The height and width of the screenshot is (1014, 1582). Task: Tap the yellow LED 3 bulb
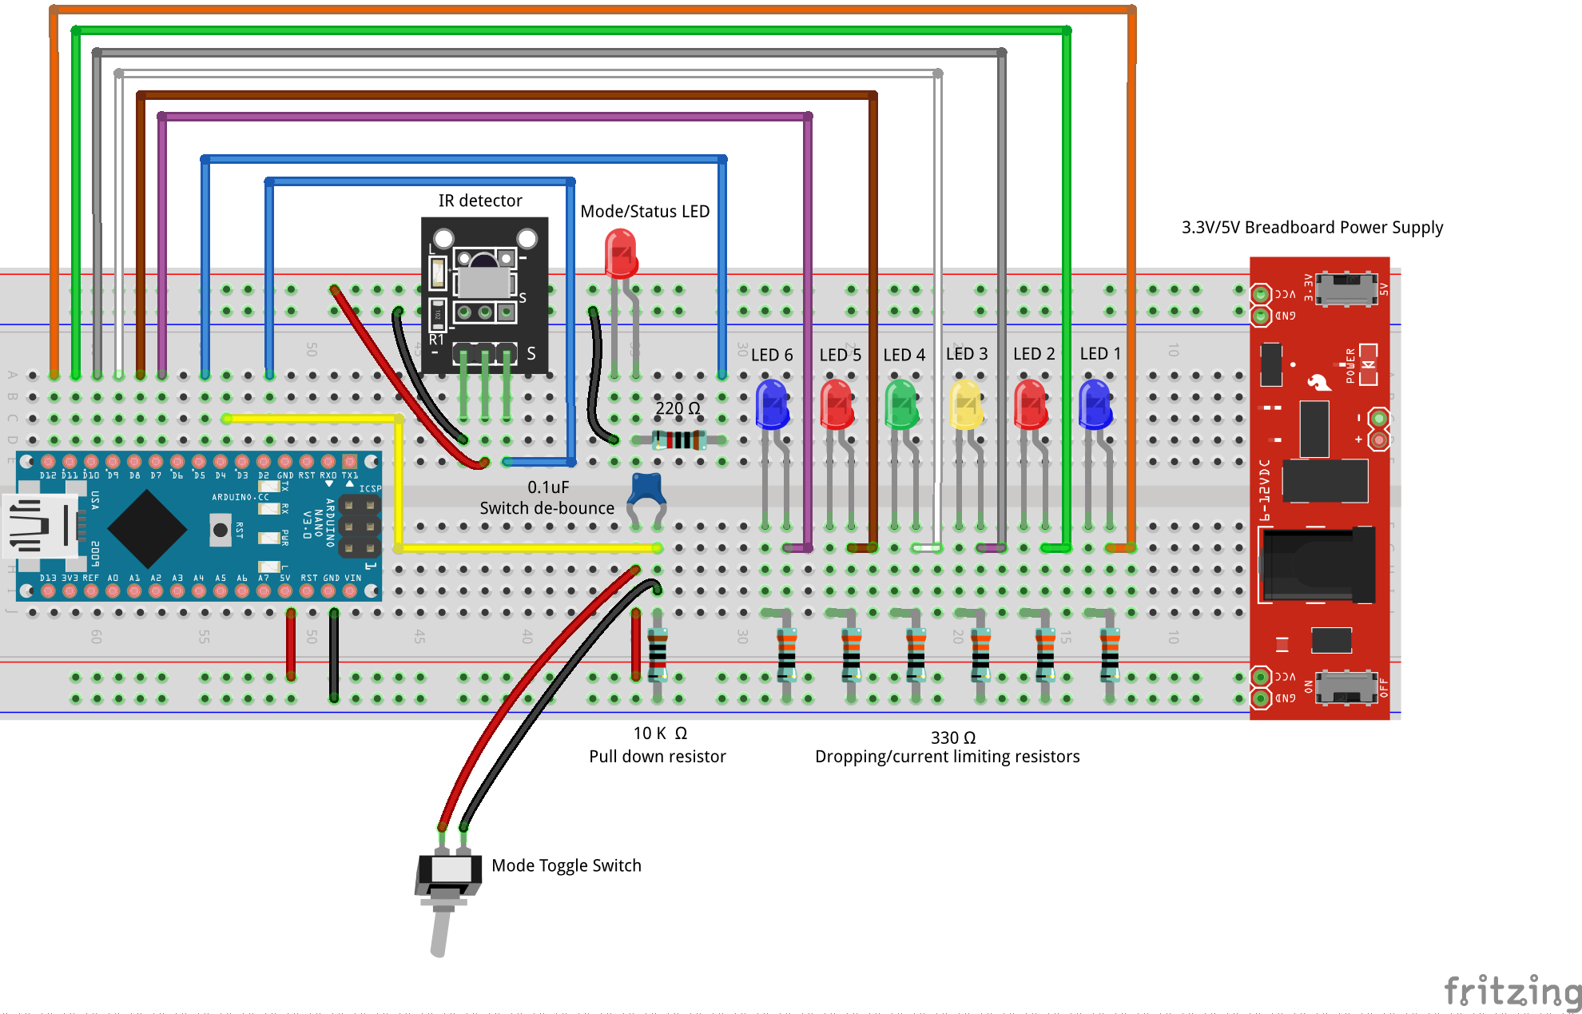pyautogui.click(x=965, y=404)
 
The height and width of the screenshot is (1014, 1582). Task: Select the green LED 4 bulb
pyautogui.click(x=901, y=404)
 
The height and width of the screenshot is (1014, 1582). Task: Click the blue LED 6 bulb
pyautogui.click(x=772, y=404)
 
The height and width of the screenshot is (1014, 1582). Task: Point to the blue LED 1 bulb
pyautogui.click(x=1095, y=404)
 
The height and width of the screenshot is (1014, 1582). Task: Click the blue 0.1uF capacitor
pyautogui.click(x=646, y=488)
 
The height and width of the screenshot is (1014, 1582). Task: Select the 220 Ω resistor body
pyautogui.click(x=679, y=439)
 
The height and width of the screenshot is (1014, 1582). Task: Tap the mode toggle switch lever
pyautogui.click(x=440, y=931)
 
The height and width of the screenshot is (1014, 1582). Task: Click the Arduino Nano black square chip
pyautogui.click(x=147, y=528)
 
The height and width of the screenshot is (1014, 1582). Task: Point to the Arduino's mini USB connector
pyautogui.click(x=40, y=527)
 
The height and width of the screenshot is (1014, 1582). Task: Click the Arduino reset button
pyautogui.click(x=220, y=530)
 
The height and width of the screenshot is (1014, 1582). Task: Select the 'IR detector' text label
pyautogui.click(x=480, y=201)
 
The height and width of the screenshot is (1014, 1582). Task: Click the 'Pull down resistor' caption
pyautogui.click(x=657, y=756)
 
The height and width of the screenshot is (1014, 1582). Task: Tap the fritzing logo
pyautogui.click(x=1512, y=992)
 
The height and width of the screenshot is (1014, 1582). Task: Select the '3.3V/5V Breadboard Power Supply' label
pyautogui.click(x=1312, y=228)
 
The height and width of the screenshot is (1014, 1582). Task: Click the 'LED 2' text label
pyautogui.click(x=1034, y=354)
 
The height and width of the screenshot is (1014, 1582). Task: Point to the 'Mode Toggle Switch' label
pyautogui.click(x=566, y=865)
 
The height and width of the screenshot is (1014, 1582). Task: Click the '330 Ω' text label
pyautogui.click(x=952, y=738)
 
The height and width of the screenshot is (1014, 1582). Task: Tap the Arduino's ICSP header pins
pyautogui.click(x=359, y=527)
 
